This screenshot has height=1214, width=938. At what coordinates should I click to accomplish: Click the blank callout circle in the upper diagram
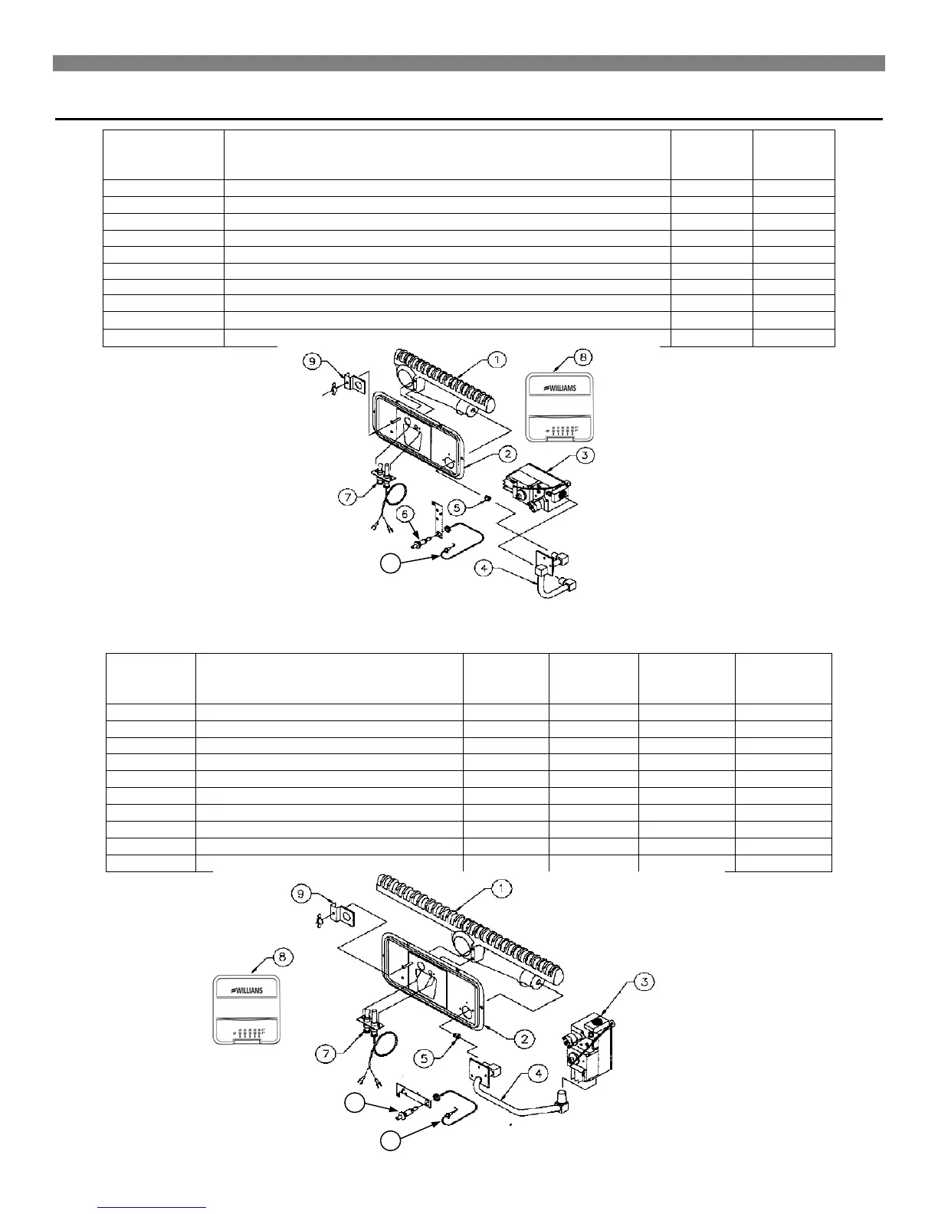pyautogui.click(x=390, y=564)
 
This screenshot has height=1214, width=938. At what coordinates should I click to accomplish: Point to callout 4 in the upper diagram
pyautogui.click(x=484, y=568)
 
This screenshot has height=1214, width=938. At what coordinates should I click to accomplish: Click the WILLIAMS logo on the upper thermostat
pyautogui.click(x=562, y=388)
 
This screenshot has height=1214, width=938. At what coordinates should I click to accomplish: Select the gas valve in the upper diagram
pyautogui.click(x=536, y=487)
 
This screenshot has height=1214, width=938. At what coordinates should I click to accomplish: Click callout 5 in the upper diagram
pyautogui.click(x=456, y=507)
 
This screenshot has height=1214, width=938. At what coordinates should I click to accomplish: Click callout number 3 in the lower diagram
pyautogui.click(x=645, y=983)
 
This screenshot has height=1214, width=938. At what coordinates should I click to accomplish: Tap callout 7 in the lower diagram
pyautogui.click(x=326, y=1055)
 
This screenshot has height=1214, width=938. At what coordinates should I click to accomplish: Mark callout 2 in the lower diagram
pyautogui.click(x=523, y=1038)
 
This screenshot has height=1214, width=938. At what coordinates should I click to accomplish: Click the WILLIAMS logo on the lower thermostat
pyautogui.click(x=247, y=990)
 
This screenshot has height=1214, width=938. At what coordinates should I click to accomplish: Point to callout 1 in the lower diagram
pyautogui.click(x=500, y=889)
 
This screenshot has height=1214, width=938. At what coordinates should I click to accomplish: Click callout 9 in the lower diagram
pyautogui.click(x=302, y=894)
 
